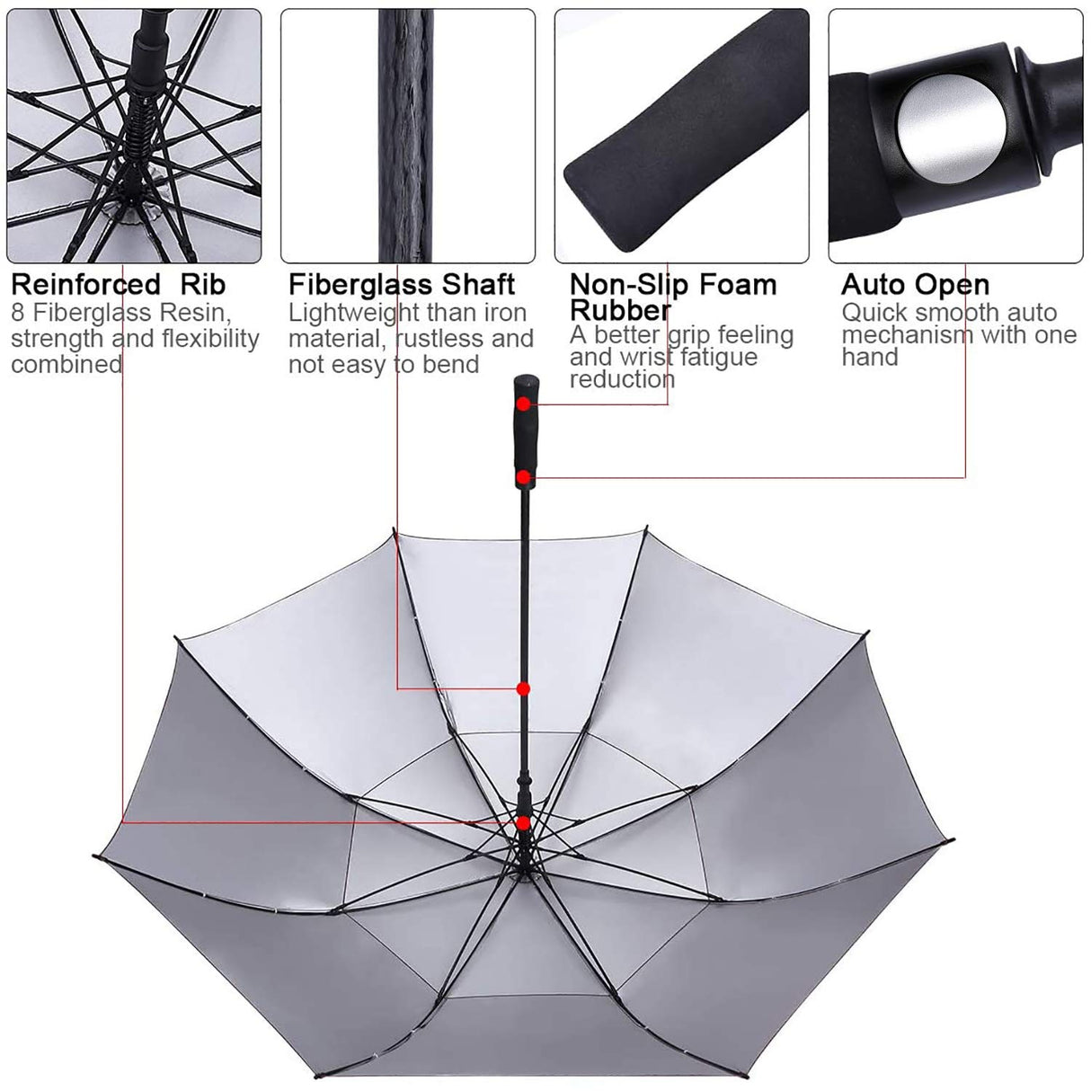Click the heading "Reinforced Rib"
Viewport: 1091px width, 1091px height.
tap(118, 285)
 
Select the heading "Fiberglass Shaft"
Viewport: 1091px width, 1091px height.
tap(401, 285)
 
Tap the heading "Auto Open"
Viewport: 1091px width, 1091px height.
tap(915, 285)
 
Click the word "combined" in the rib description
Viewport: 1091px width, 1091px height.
tap(66, 364)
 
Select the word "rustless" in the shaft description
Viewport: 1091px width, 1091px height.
tap(439, 339)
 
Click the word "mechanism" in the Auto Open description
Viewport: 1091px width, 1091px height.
tap(907, 335)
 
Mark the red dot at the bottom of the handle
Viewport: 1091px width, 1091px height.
tap(522, 476)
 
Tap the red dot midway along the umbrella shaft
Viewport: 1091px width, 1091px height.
tap(522, 689)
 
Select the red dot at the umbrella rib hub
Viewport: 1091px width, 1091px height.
tap(522, 822)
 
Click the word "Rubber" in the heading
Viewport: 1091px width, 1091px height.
tap(620, 310)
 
